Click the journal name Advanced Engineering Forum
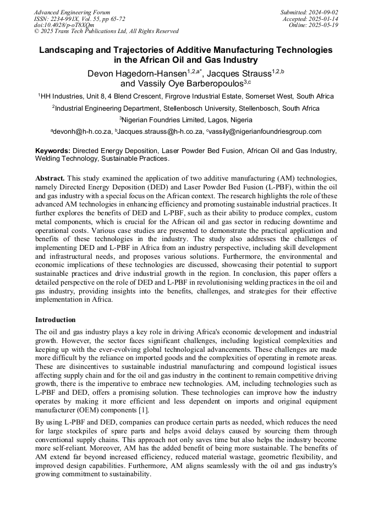point(72,12)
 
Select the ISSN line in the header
point(79,19)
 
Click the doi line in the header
point(64,25)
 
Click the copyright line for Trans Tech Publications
point(106,31)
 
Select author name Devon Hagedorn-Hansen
point(136,73)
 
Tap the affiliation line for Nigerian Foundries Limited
point(186,119)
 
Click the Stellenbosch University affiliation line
point(186,108)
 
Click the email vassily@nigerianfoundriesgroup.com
point(265,132)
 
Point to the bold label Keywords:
point(53,150)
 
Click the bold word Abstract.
point(50,179)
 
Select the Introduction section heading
point(56,320)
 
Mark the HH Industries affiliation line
point(186,96)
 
